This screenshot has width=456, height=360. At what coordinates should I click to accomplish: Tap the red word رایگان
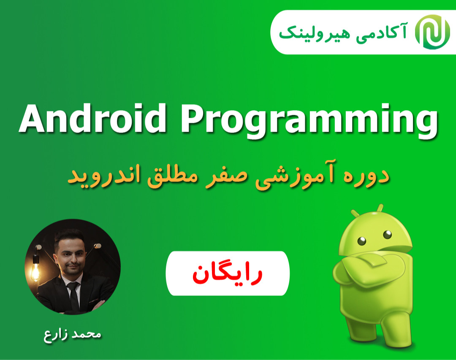click(x=228, y=274)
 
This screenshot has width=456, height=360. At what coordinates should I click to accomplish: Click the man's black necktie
click(x=74, y=293)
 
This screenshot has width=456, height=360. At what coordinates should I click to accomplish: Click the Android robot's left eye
click(x=362, y=241)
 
